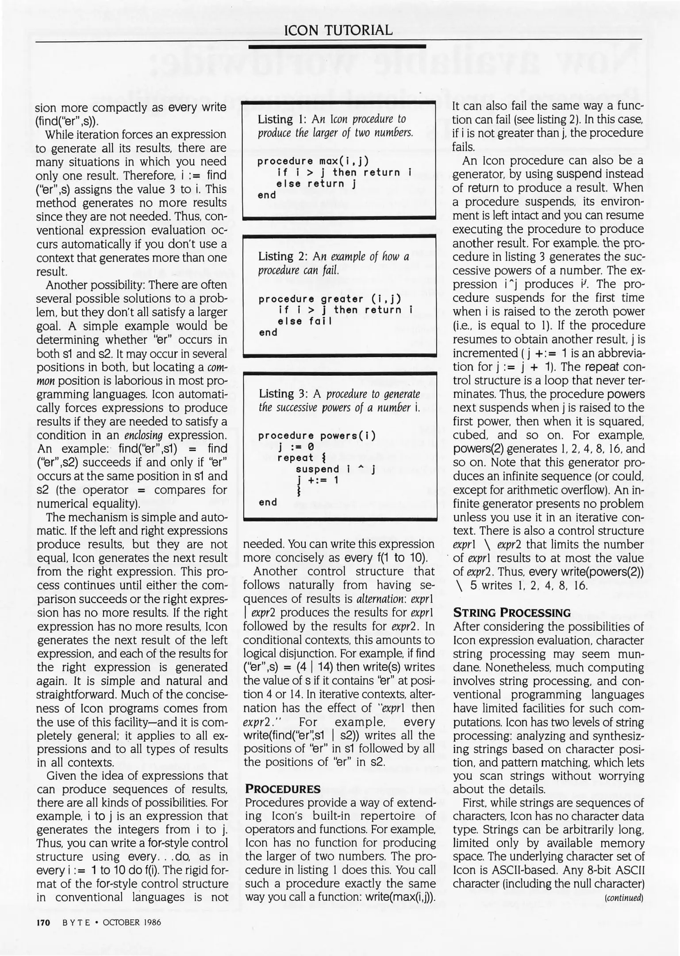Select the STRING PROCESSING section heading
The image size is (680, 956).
(x=511, y=613)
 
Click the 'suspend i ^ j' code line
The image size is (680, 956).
(x=335, y=469)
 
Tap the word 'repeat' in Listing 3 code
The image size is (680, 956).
(x=295, y=458)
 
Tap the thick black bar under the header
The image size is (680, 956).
(x=337, y=46)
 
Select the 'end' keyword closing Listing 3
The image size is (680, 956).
(x=268, y=502)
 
